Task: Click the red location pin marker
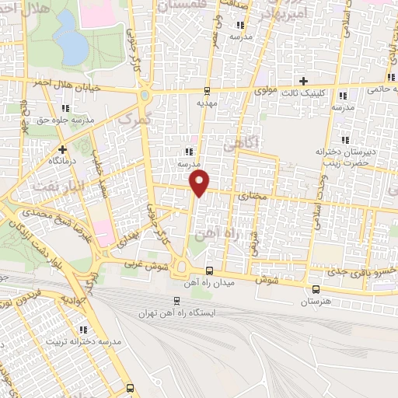click(x=200, y=183)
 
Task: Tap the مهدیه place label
click(x=204, y=102)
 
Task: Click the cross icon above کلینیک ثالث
click(x=304, y=81)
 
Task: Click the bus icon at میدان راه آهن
click(x=208, y=271)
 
